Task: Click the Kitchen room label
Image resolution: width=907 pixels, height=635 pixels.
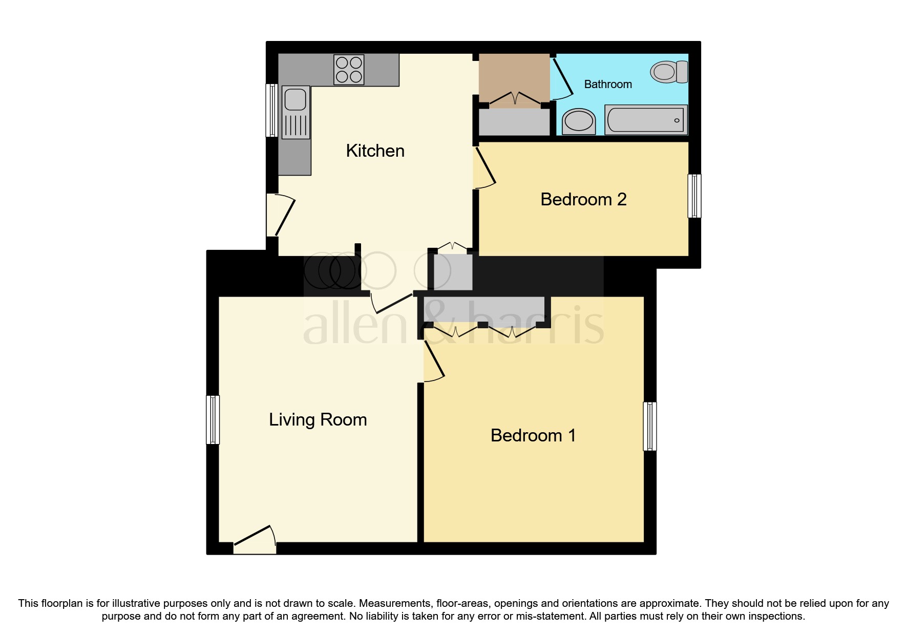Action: tap(375, 151)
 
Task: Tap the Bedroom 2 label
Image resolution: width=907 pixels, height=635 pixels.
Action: tap(583, 199)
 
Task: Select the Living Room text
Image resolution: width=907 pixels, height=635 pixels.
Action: tap(318, 420)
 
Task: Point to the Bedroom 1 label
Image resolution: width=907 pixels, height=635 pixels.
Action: tap(533, 436)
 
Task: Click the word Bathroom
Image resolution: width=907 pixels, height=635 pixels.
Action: tap(608, 84)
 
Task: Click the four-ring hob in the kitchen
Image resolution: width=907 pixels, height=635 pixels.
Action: tap(349, 70)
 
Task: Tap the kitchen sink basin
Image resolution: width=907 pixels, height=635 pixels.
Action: tap(296, 99)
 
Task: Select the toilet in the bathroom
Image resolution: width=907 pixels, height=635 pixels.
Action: tap(669, 72)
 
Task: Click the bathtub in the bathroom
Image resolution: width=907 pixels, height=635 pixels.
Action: tap(645, 120)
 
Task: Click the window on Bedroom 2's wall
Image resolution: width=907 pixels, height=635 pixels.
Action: tap(694, 196)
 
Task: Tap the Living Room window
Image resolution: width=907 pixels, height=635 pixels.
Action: tap(213, 419)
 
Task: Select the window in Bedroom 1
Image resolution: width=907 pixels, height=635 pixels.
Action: tap(649, 426)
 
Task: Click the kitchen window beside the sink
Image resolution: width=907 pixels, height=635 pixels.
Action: tap(271, 111)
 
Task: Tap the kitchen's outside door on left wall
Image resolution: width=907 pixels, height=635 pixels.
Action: tap(281, 215)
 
